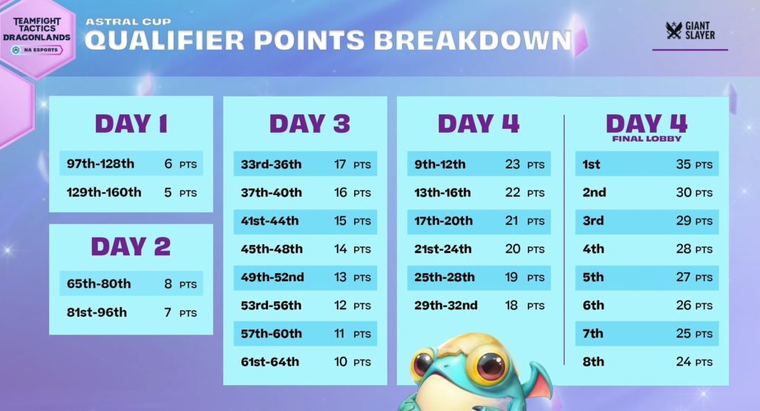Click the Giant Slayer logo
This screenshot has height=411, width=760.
tap(690, 30)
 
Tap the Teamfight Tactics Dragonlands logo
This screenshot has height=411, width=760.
tap(37, 36)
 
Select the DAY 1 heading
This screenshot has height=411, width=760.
tap(131, 124)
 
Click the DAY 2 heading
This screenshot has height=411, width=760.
tap(131, 246)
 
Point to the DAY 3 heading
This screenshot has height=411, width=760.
tap(309, 124)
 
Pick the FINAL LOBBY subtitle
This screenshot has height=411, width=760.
tap(646, 139)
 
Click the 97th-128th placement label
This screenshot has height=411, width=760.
tap(100, 163)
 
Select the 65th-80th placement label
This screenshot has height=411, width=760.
tap(99, 283)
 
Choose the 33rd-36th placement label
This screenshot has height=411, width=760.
tap(271, 164)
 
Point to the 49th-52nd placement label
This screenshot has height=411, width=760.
tap(272, 277)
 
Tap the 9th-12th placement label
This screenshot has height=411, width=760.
tap(439, 164)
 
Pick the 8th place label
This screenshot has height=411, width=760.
tap(593, 361)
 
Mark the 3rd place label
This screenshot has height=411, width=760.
tap(593, 220)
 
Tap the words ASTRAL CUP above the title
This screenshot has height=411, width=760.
tap(128, 22)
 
